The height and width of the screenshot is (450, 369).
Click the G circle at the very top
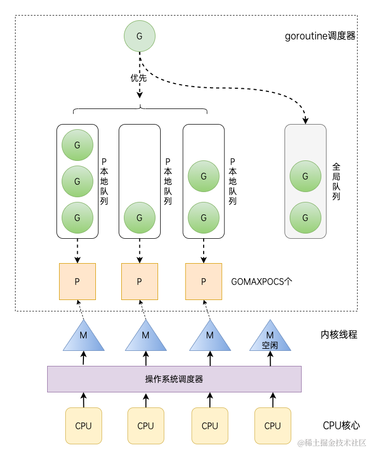pyautogui.click(x=139, y=36)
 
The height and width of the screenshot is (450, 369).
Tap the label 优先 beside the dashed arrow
pyautogui.click(x=138, y=78)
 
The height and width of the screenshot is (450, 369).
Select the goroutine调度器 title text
pyautogui.click(x=320, y=36)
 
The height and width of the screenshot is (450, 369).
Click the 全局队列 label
pyautogui.click(x=336, y=182)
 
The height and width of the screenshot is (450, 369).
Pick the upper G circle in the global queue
pyautogui.click(x=305, y=176)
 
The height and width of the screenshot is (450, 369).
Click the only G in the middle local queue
pyautogui.click(x=139, y=218)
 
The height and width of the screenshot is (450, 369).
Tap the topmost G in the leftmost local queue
pyautogui.click(x=77, y=145)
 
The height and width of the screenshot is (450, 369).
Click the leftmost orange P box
pyautogui.click(x=77, y=281)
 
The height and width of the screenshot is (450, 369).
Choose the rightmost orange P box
pyautogui.click(x=203, y=281)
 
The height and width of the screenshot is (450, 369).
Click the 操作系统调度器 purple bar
pyautogui.click(x=174, y=379)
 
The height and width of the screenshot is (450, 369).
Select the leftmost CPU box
pyautogui.click(x=83, y=426)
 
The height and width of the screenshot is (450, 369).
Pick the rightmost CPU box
pyautogui.click(x=273, y=426)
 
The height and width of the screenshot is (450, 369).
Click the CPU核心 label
pyautogui.click(x=341, y=426)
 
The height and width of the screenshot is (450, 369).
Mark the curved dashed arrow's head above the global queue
pyautogui.click(x=305, y=120)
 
